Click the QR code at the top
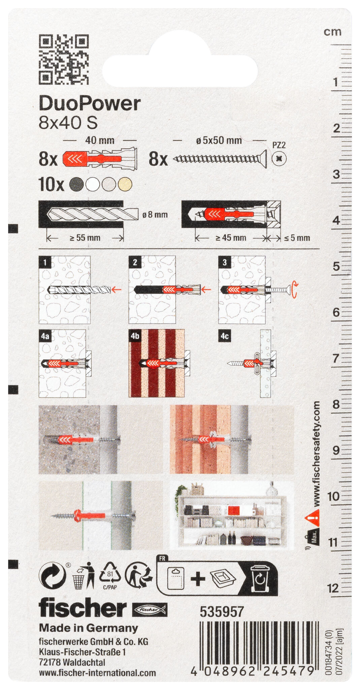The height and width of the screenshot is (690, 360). pyautogui.click(x=64, y=59)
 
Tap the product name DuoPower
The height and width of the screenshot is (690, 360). pyautogui.click(x=90, y=103)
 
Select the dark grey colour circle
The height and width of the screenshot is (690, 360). pyautogui.click(x=76, y=184)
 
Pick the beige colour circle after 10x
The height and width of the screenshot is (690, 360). pyautogui.click(x=125, y=184)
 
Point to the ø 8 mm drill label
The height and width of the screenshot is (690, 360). pyautogui.click(x=155, y=215)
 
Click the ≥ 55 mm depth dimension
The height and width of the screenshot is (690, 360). pyautogui.click(x=85, y=238)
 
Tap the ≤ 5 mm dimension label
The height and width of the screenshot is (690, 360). pyautogui.click(x=297, y=238)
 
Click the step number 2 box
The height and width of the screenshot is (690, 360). pyautogui.click(x=135, y=262)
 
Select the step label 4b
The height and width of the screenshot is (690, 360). pyautogui.click(x=135, y=336)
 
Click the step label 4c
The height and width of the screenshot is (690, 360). pyautogui.click(x=225, y=336)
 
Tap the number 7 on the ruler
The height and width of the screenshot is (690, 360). pyautogui.click(x=336, y=358)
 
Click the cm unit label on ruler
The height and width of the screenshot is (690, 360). pyautogui.click(x=333, y=32)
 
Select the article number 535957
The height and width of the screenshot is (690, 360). pyautogui.click(x=222, y=612)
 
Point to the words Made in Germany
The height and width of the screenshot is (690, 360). pyautogui.click(x=89, y=628)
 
